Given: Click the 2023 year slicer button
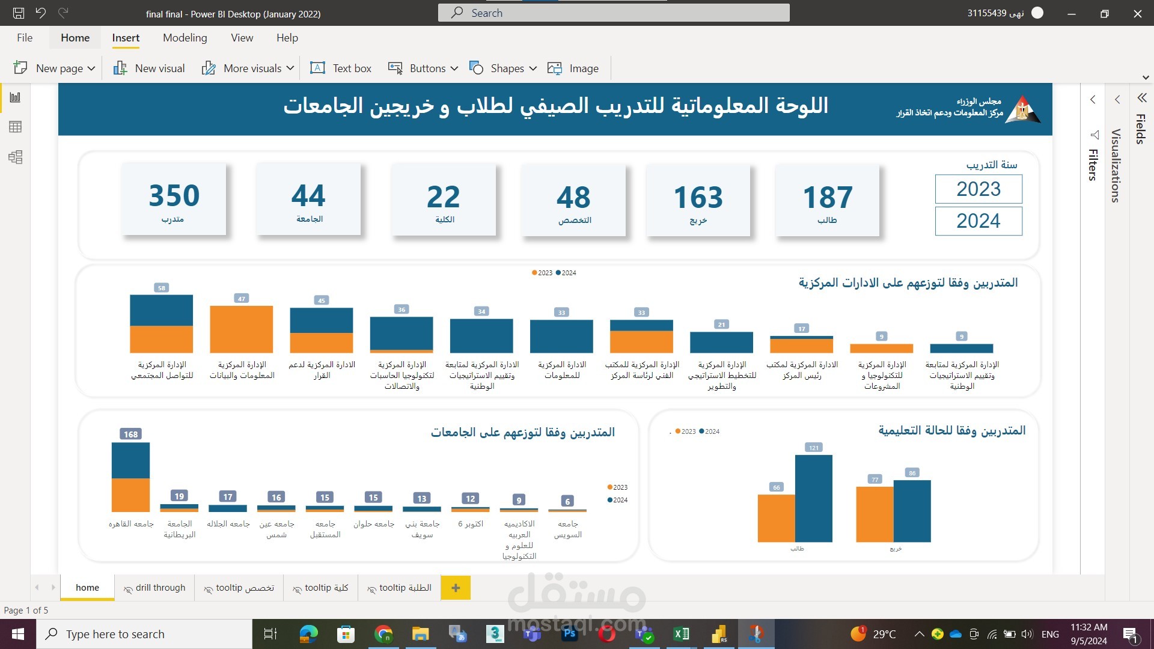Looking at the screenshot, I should [x=978, y=189].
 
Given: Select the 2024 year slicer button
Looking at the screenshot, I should [x=978, y=221].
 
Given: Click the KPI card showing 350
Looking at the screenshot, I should [x=174, y=200].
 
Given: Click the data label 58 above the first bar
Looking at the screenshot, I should [x=161, y=288].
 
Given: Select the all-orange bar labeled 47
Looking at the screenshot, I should [x=241, y=329].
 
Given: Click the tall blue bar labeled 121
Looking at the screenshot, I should [x=813, y=498].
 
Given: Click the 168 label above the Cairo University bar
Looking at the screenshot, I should [x=130, y=434].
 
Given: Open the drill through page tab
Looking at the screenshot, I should [x=154, y=588].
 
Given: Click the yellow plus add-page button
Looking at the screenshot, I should [x=456, y=588].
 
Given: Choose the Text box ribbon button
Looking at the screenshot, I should [x=341, y=68].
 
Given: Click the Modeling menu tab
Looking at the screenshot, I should [x=185, y=38].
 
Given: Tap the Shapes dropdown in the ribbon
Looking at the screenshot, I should [x=503, y=68].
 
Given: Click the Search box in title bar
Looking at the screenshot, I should [x=613, y=13].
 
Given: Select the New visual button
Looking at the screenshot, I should [x=149, y=68].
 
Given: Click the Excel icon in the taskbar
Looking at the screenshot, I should [x=681, y=634].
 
